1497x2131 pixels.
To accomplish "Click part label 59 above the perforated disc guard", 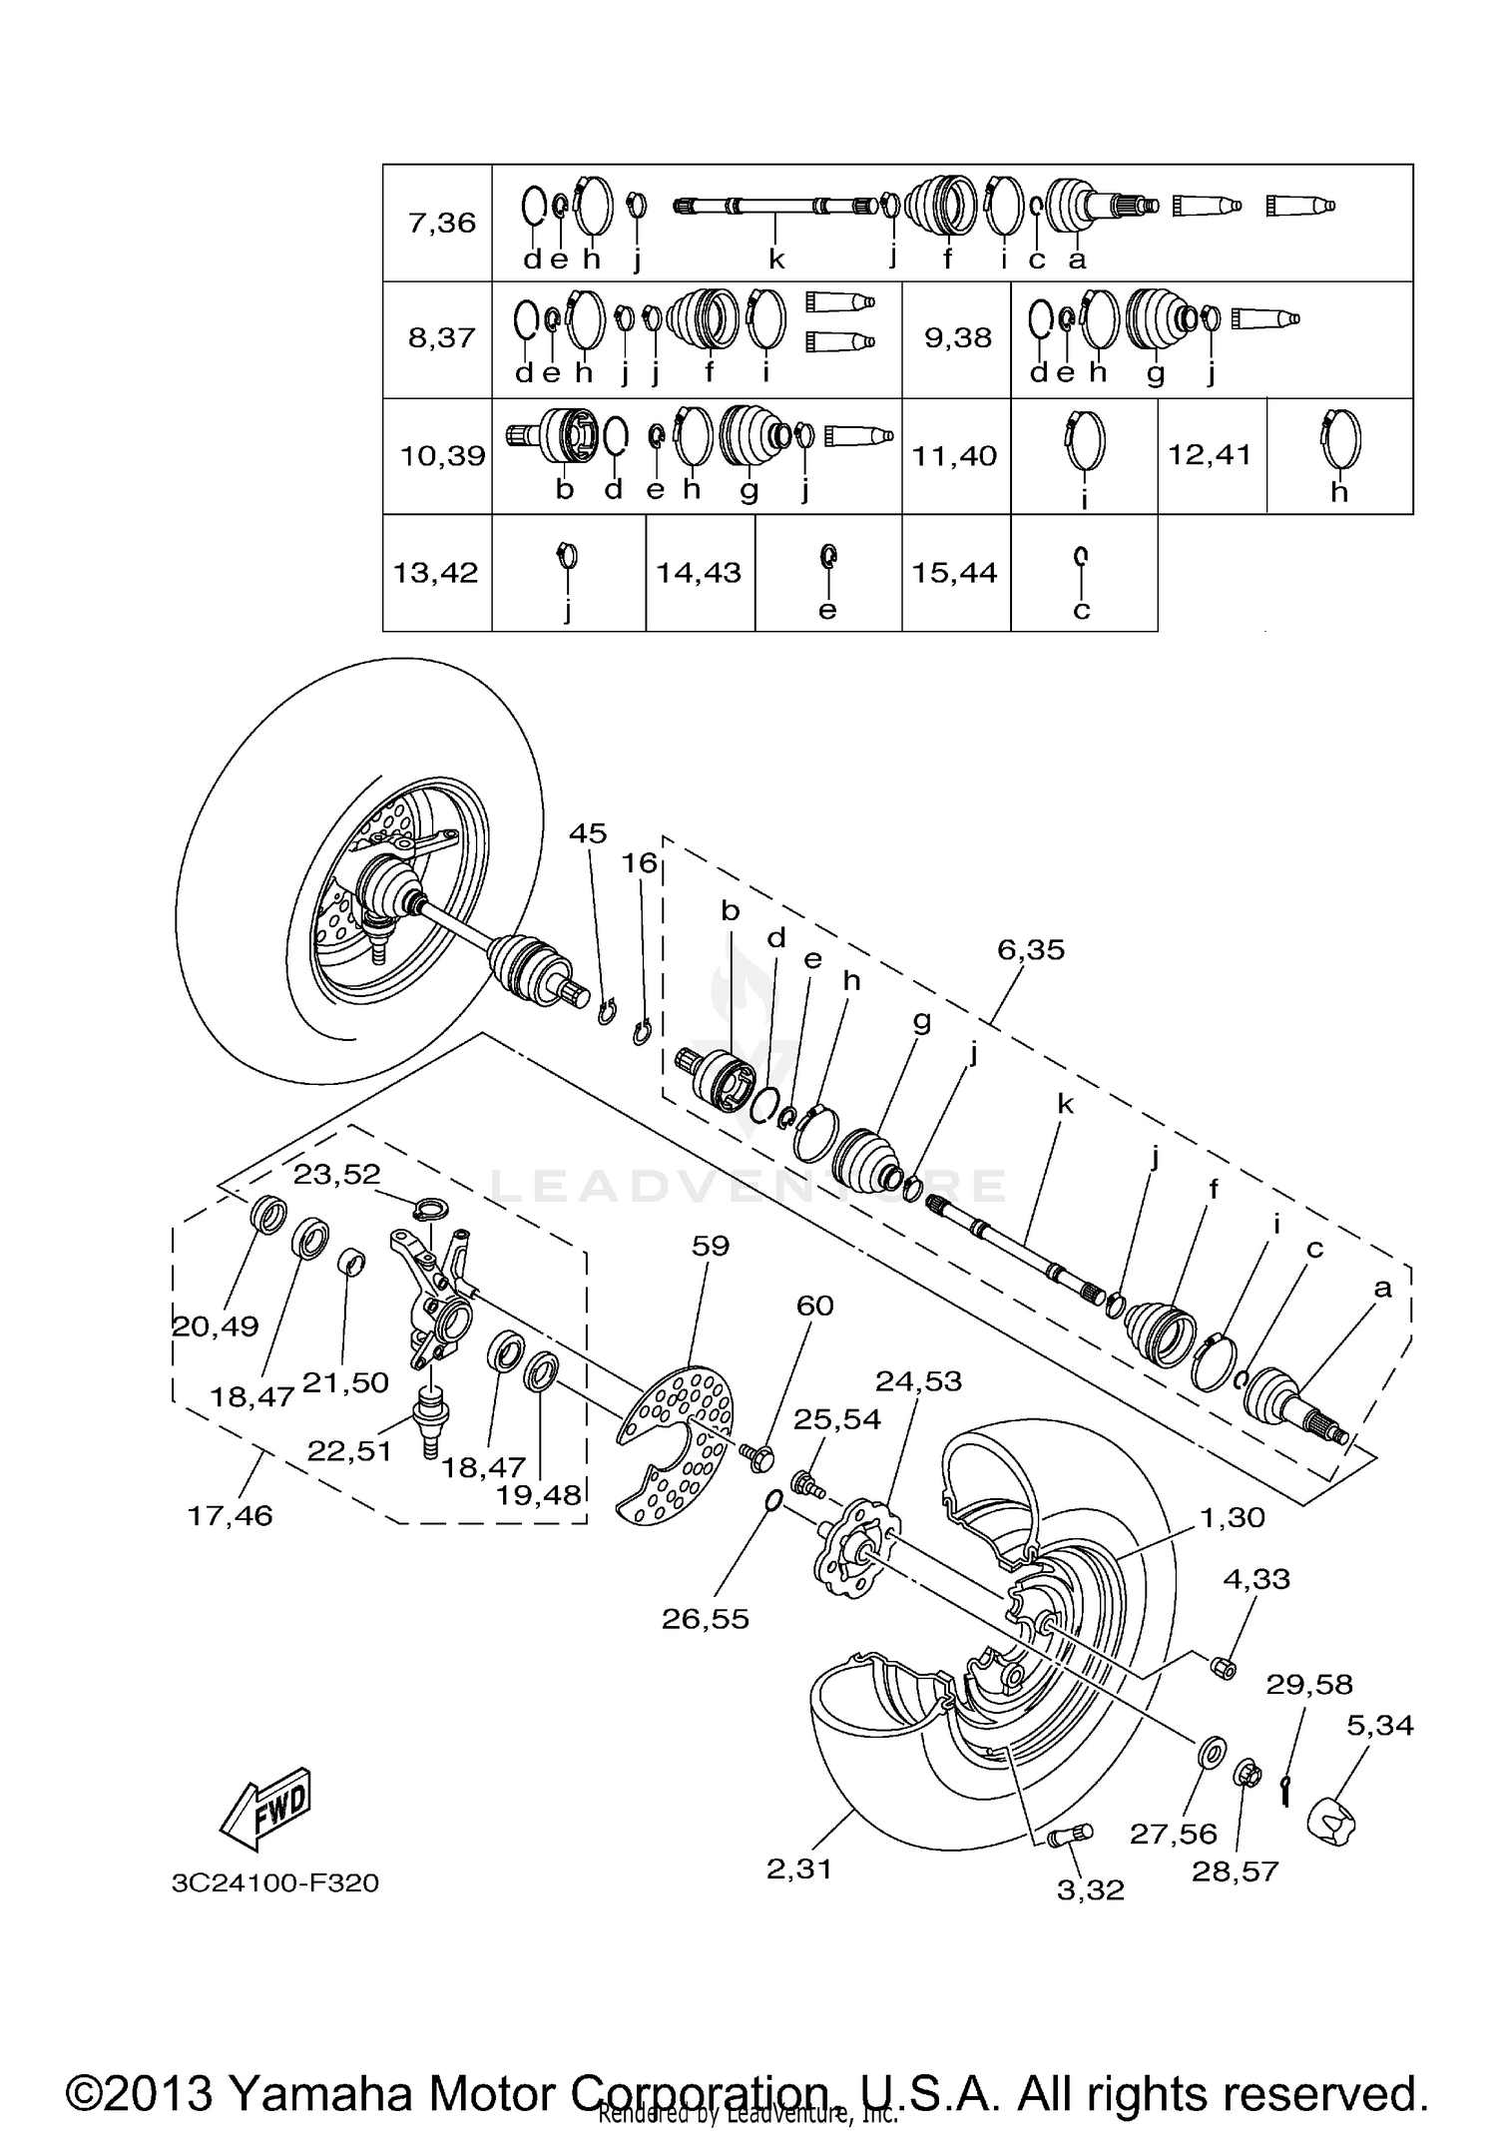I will point(710,1246).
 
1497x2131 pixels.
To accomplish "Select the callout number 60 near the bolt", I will point(814,1306).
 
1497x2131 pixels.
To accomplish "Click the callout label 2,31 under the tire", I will point(798,1868).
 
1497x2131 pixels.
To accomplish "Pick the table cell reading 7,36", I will point(441,223).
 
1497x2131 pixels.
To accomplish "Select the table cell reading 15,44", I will point(954,573).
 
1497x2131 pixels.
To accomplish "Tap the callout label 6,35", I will point(1031,949).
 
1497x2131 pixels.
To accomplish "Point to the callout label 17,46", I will point(230,1515).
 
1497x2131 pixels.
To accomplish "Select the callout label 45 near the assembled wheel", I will point(588,832).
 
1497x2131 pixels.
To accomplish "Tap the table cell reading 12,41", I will point(1210,456).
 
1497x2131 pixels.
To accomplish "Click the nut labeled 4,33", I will point(1225,1666).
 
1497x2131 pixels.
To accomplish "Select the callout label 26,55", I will point(705,1618).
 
